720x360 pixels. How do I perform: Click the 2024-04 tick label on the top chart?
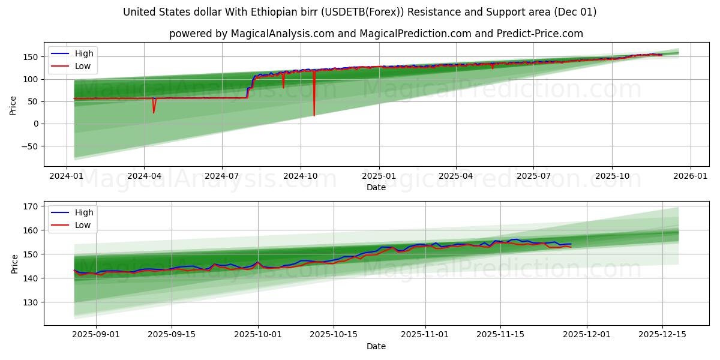[144, 176]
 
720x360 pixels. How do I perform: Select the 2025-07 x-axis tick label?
[534, 176]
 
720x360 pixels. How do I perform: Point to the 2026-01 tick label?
[690, 176]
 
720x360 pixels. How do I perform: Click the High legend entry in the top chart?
[83, 53]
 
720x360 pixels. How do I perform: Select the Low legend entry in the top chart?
[83, 66]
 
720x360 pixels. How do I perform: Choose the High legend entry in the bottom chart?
[83, 212]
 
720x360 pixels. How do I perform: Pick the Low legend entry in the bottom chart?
[83, 225]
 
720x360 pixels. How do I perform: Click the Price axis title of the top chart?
[13, 105]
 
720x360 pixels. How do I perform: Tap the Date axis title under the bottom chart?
[376, 346]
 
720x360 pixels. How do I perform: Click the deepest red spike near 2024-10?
[314, 115]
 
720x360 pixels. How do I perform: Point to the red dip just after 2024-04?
[154, 112]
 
